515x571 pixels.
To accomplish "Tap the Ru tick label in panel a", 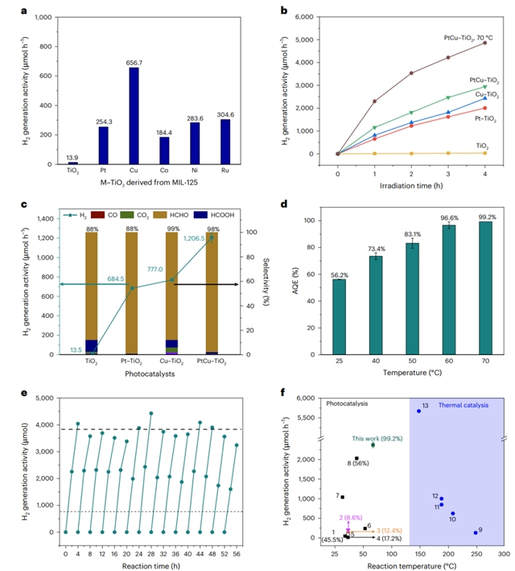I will tap(225, 168).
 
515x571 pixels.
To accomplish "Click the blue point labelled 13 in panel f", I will tap(418, 411).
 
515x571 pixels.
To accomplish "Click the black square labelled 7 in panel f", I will tap(342, 497).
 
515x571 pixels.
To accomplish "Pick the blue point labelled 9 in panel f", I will tap(476, 532).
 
